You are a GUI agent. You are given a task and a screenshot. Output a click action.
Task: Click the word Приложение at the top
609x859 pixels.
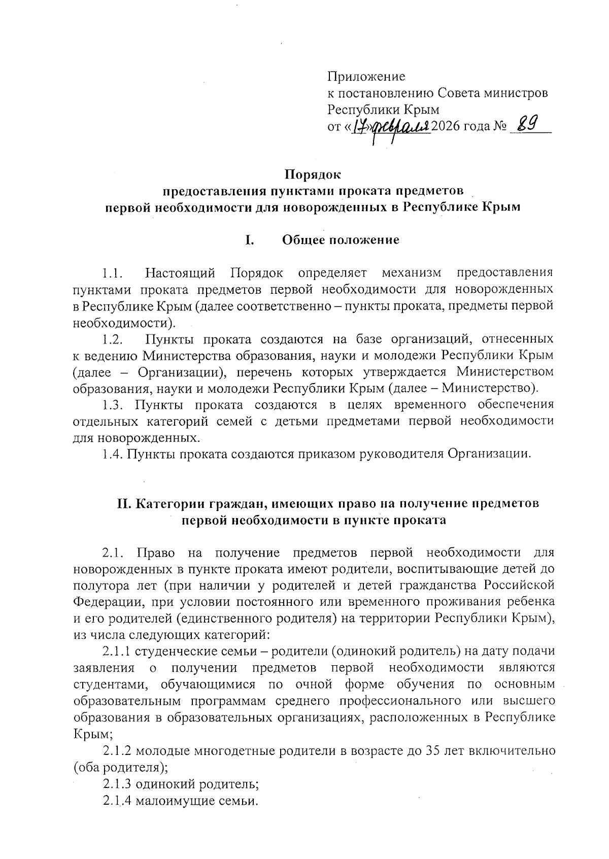pyautogui.click(x=366, y=77)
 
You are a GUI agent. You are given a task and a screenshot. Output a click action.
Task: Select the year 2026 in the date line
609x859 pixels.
pyautogui.click(x=448, y=126)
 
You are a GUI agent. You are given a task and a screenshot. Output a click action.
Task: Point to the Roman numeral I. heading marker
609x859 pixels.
pyautogui.click(x=249, y=240)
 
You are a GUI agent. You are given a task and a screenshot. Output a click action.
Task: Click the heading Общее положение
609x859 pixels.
pyautogui.click(x=341, y=240)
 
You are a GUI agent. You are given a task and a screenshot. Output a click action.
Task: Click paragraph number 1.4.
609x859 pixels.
pyautogui.click(x=112, y=454)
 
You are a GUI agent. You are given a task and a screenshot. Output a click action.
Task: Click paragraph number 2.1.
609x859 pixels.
pyautogui.click(x=112, y=553)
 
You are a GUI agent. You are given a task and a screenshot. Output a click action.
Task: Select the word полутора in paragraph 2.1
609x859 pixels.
pyautogui.click(x=99, y=586)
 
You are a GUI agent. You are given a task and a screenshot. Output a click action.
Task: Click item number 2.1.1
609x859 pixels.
pyautogui.click(x=117, y=651)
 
